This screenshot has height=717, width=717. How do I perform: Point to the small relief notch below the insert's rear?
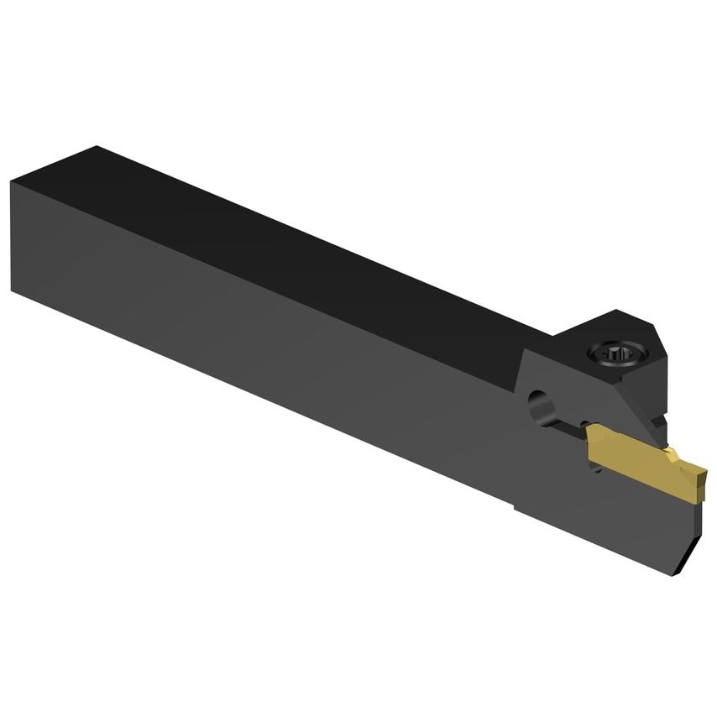(597, 467)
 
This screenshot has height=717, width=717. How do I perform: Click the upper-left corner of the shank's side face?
(12, 181)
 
